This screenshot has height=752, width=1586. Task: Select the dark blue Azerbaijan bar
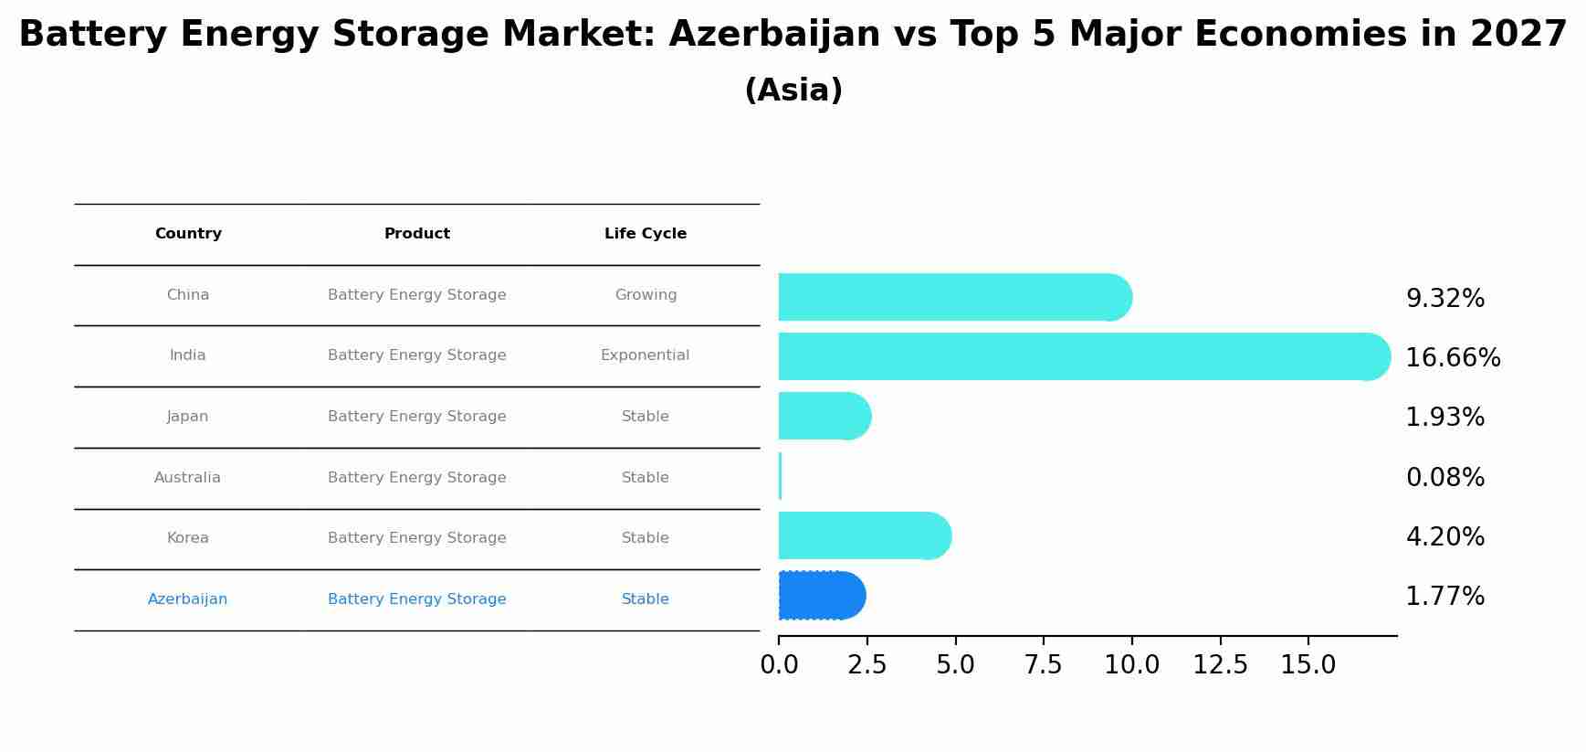[x=821, y=596]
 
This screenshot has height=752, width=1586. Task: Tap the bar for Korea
[x=864, y=535]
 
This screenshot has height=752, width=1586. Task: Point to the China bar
[x=954, y=297]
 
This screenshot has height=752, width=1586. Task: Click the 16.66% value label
[x=1453, y=358]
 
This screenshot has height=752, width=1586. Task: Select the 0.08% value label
[x=1444, y=477]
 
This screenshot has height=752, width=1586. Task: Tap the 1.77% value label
[x=1444, y=597]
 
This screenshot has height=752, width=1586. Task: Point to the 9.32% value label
[x=1444, y=299]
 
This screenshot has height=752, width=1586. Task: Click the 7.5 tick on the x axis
[x=1043, y=665]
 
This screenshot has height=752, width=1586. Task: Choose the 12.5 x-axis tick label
[x=1220, y=665]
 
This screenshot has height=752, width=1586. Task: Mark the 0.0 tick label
[x=779, y=665]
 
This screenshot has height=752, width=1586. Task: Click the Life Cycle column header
[x=646, y=234]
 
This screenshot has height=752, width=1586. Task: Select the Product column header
[x=416, y=234]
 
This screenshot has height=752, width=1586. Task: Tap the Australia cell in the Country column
[x=187, y=478]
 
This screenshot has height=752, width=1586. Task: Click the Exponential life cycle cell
[x=645, y=355]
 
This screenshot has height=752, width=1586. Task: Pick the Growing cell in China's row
[x=646, y=295]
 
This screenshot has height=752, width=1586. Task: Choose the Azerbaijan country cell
[x=187, y=599]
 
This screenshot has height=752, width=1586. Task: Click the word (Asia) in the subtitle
[x=793, y=90]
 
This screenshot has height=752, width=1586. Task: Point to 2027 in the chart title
[x=1518, y=35]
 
